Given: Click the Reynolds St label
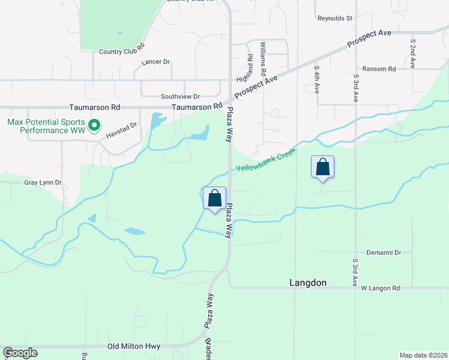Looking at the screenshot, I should [334, 19].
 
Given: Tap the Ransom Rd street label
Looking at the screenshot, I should [375, 69].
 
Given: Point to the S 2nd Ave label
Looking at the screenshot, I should [413, 53].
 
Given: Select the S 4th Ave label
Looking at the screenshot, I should [316, 79].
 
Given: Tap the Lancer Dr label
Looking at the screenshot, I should [156, 62].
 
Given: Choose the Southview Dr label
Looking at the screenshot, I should [180, 96].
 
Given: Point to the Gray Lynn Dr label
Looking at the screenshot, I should [43, 182].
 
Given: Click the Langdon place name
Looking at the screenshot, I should [308, 283].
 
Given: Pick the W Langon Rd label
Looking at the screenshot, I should [381, 288].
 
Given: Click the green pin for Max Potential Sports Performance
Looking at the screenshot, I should [94, 125].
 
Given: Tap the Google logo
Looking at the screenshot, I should [20, 353].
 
